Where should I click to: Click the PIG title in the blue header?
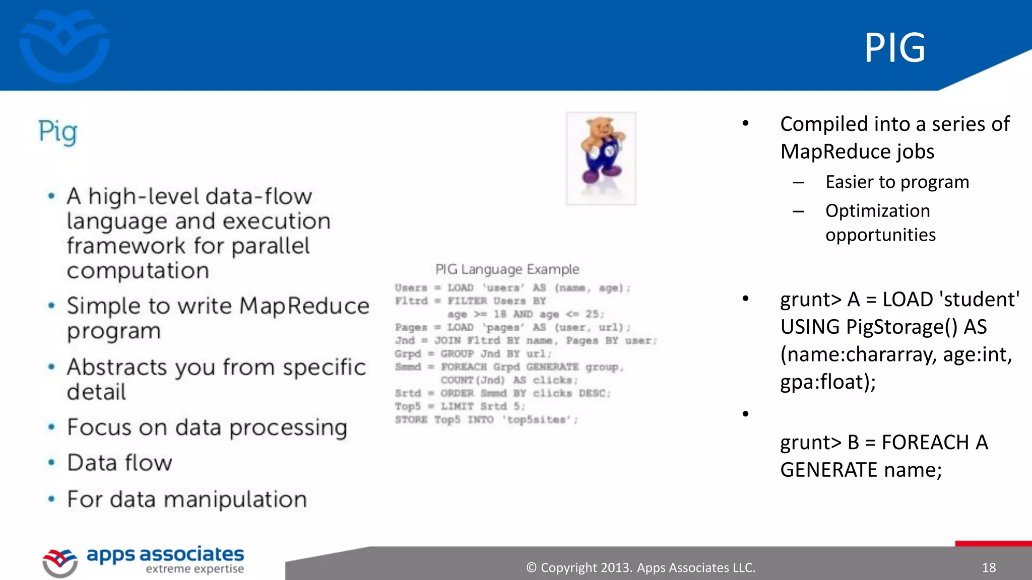pos(895,48)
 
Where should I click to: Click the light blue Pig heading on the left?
pos(58,132)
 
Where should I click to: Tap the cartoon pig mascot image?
pos(601,158)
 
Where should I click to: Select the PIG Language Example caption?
pos(507,269)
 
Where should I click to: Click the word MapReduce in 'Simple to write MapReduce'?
pos(304,306)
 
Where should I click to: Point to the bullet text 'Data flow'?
pos(120,463)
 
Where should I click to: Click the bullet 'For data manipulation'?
pos(187,499)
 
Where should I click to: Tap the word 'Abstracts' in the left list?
pos(116,367)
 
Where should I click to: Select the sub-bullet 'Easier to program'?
pos(897,182)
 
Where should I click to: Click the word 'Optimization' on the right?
pos(877,210)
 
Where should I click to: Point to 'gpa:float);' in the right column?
pos(828,382)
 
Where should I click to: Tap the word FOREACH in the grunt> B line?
pos(925,443)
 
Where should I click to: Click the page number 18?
pos(989,568)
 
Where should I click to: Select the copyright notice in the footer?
pos(640,568)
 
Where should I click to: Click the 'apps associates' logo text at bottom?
pos(165,554)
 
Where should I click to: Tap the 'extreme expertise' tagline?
pos(195,569)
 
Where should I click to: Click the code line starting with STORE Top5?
pos(486,420)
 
